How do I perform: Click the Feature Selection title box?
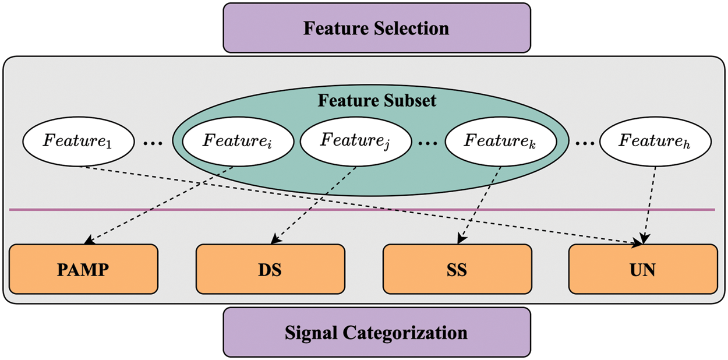(377, 28)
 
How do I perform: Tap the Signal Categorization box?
(377, 333)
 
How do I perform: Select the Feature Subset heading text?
(377, 101)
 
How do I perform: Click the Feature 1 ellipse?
(78, 142)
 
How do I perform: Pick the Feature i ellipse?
(238, 142)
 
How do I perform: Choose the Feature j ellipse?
(355, 142)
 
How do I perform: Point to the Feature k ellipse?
(500, 142)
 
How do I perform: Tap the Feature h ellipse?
(655, 142)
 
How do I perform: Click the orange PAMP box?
(83, 269)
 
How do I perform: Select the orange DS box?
(270, 269)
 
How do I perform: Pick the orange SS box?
(457, 269)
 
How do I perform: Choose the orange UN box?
(643, 269)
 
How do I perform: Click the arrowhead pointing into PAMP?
(89, 241)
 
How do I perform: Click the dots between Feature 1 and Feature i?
(153, 143)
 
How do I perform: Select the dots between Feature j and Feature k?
(427, 143)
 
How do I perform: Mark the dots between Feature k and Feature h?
(585, 143)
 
